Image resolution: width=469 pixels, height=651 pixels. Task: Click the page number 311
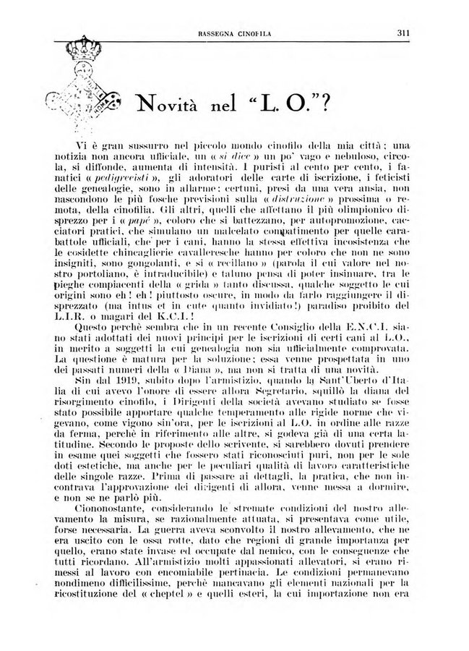coord(403,31)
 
